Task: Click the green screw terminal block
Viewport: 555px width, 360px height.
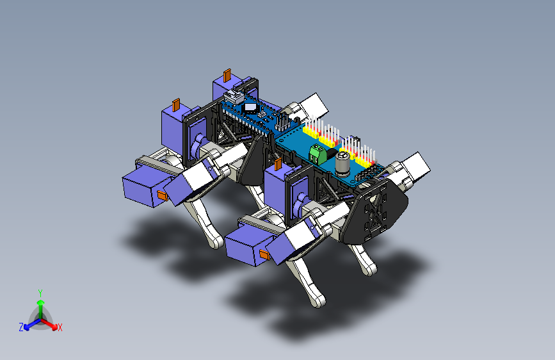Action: point(318,154)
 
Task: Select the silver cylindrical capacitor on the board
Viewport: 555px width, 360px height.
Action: point(342,164)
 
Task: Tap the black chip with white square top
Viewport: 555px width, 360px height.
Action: point(250,108)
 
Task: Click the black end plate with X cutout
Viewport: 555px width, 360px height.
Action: point(376,211)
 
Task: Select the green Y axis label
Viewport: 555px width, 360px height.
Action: point(40,293)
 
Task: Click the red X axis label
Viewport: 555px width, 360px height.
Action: point(60,327)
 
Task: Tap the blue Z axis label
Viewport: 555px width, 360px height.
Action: point(21,327)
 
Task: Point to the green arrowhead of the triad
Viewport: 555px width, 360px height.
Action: point(41,303)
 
